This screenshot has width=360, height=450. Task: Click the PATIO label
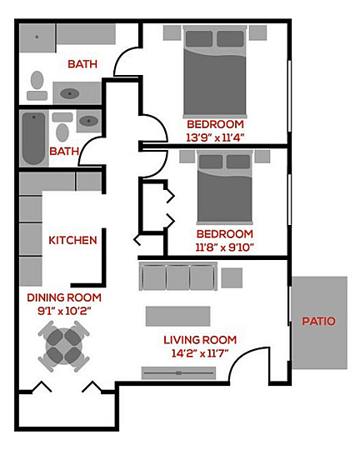(318, 321)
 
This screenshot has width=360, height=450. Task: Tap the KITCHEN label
(72, 240)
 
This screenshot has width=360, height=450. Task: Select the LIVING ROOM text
(200, 340)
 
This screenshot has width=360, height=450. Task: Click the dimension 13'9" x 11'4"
(215, 137)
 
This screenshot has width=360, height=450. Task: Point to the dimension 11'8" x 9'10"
(225, 247)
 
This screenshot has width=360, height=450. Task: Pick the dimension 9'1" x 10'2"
(64, 311)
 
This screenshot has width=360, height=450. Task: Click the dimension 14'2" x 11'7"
(200, 353)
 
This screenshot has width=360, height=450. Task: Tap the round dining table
(64, 347)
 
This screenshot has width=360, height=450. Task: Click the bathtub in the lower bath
(33, 138)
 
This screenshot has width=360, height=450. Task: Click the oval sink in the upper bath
(69, 93)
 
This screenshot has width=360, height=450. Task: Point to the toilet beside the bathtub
(62, 127)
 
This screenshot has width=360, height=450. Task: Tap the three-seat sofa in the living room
(178, 277)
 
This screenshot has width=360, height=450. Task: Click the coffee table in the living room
(178, 317)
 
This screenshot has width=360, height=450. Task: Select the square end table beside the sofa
(232, 277)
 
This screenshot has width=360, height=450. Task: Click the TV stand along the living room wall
(178, 373)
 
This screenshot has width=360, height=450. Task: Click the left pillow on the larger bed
(199, 38)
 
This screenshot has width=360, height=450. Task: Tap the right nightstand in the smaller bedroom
(262, 157)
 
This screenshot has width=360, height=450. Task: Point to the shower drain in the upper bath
(37, 37)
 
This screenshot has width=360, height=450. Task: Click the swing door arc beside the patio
(241, 357)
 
